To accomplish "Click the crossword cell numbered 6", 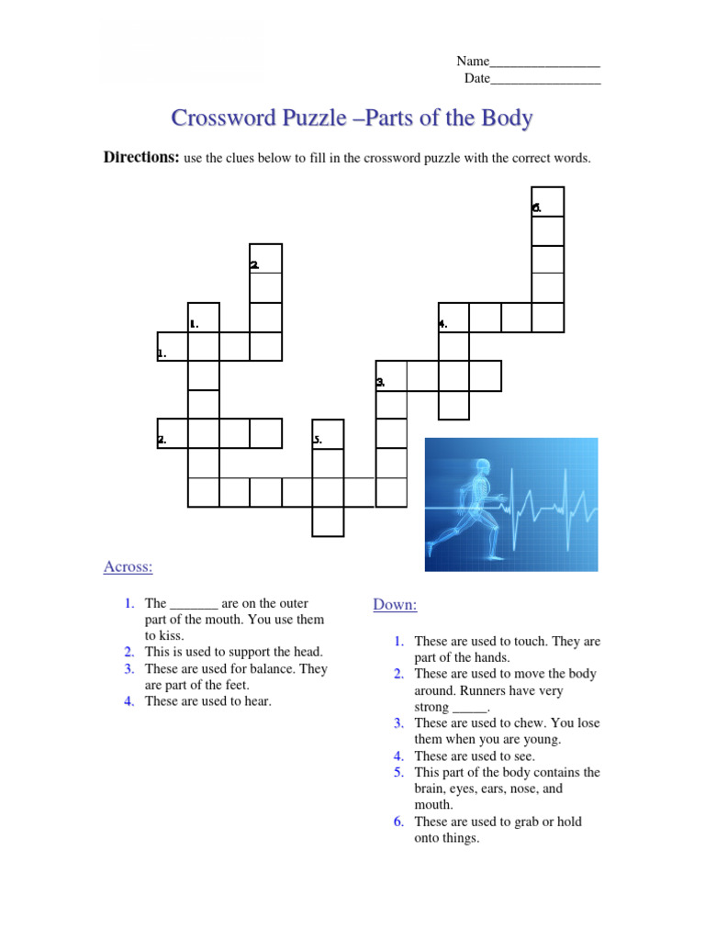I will pos(548,202).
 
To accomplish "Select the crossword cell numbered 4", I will pos(453,318).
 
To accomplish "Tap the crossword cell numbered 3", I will pos(391,375).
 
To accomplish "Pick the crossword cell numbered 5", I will pos(328,435).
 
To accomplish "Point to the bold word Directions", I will pos(140,158).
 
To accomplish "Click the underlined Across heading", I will pos(128,566).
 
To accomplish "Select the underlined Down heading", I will pos(395,604).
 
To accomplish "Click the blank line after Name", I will pos(544,62).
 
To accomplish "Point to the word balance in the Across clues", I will pos(277,669).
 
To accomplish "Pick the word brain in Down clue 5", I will pos(431,789).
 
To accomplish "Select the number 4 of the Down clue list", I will pos(399,756).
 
